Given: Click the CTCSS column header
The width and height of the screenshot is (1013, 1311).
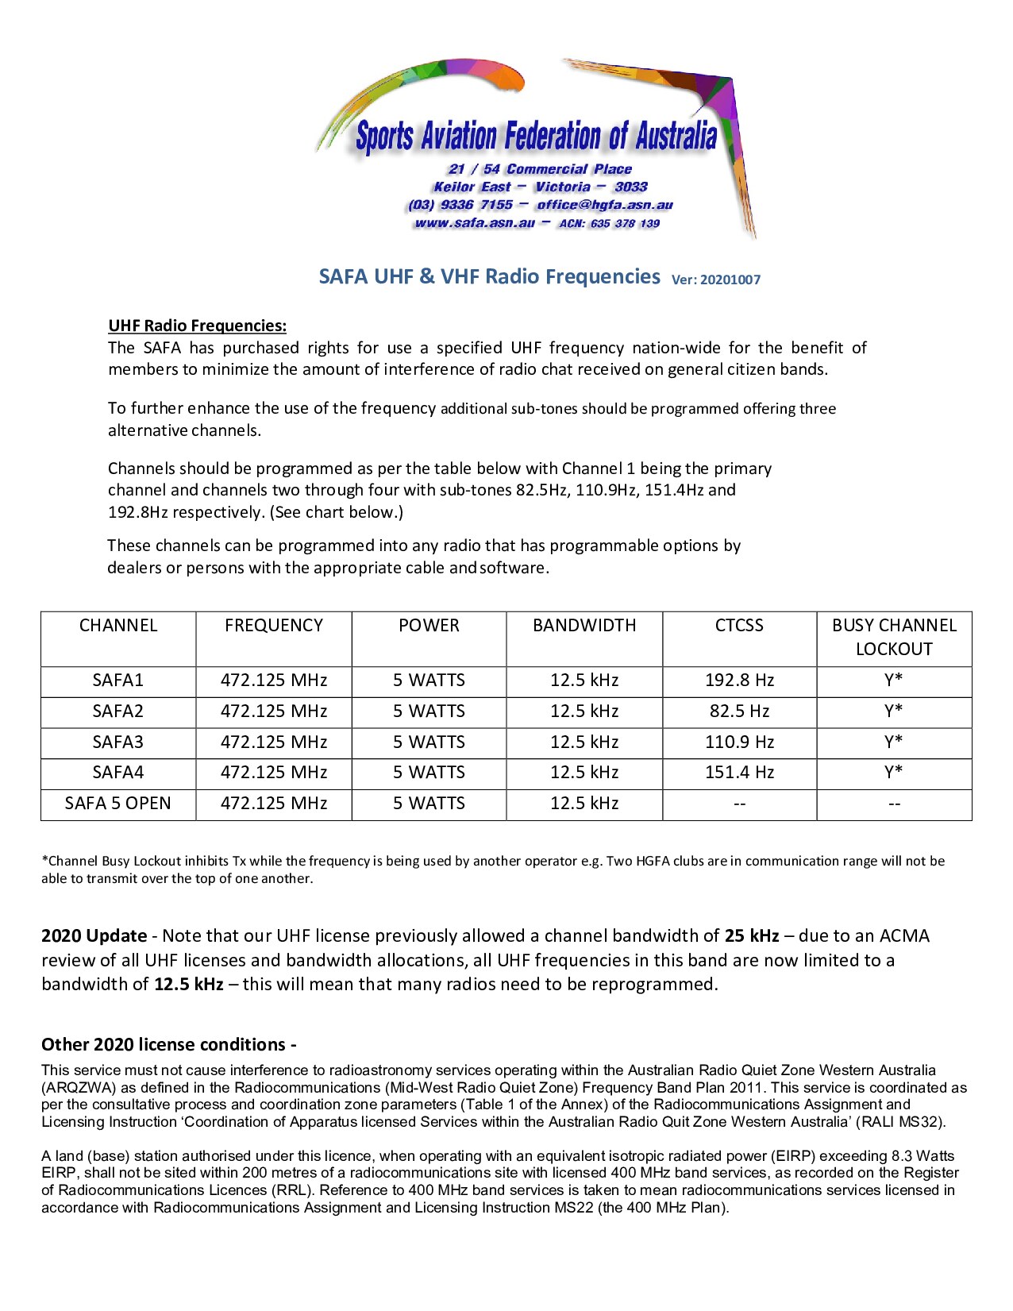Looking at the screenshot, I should click(x=739, y=626).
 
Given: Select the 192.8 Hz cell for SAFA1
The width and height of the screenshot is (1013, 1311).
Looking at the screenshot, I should click(x=739, y=681).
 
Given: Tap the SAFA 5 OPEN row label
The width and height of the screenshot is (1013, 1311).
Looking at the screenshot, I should click(x=117, y=804).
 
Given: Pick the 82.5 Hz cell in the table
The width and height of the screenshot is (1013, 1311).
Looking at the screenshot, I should click(x=739, y=711).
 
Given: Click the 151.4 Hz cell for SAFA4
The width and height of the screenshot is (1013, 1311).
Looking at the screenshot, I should click(x=739, y=773).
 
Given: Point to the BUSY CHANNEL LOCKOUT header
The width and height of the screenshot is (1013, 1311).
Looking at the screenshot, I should click(x=894, y=637).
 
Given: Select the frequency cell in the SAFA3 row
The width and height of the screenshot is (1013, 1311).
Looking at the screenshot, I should click(x=274, y=742).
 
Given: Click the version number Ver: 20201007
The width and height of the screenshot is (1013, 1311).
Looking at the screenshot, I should click(x=715, y=280).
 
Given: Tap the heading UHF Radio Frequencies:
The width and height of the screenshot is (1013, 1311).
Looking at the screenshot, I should click(x=197, y=326).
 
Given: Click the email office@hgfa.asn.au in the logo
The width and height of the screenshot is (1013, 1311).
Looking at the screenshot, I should click(x=604, y=205).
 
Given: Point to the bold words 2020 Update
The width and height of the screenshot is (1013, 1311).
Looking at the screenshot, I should click(x=94, y=936).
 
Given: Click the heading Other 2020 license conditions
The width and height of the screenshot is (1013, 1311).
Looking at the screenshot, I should click(x=168, y=1044).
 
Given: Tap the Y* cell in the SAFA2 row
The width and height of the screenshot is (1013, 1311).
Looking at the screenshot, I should click(x=894, y=711).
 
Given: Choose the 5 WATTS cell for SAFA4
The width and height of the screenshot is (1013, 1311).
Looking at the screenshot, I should click(x=429, y=773).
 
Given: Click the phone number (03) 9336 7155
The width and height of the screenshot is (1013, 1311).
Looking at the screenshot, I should click(x=460, y=205).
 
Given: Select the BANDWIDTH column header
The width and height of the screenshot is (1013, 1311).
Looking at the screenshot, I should click(x=584, y=626).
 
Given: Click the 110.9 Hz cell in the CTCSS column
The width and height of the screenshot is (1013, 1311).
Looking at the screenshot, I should click(x=739, y=742).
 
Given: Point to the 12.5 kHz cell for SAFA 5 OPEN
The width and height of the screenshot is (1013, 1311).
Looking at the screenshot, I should click(x=584, y=804).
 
